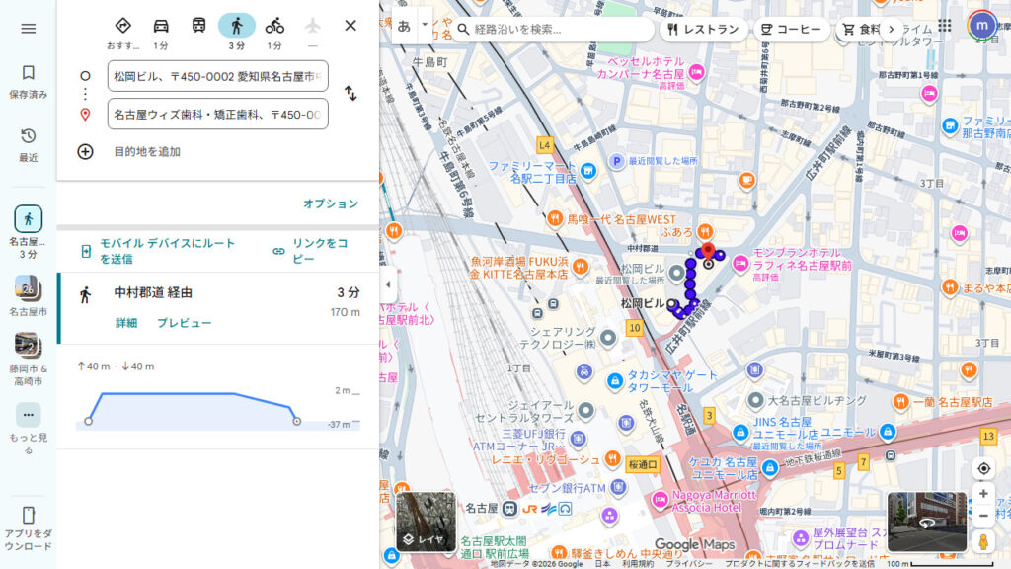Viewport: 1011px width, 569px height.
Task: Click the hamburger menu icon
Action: pyautogui.click(x=28, y=29)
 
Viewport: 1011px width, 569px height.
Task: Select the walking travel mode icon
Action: pyautogui.click(x=237, y=26)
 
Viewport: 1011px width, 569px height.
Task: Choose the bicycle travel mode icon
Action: pyautogui.click(x=274, y=26)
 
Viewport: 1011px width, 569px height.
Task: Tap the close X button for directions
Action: pyautogui.click(x=350, y=26)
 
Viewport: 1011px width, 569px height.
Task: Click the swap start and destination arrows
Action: pyautogui.click(x=350, y=94)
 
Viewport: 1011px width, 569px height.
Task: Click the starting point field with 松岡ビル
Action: pyautogui.click(x=217, y=76)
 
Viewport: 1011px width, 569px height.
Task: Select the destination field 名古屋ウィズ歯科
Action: pyautogui.click(x=217, y=114)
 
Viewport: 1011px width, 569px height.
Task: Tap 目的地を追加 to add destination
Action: pyautogui.click(x=146, y=152)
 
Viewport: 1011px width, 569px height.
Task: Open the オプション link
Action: pyautogui.click(x=331, y=203)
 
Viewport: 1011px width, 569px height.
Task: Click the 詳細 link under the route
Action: pyautogui.click(x=126, y=323)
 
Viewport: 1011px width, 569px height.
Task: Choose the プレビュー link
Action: pyautogui.click(x=184, y=323)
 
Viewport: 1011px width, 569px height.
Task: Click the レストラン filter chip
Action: pyautogui.click(x=703, y=29)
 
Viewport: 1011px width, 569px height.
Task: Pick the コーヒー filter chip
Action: pyautogui.click(x=791, y=29)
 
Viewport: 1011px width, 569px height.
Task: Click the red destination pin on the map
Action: pyautogui.click(x=708, y=251)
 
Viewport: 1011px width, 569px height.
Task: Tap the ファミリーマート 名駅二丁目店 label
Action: pyautogui.click(x=531, y=172)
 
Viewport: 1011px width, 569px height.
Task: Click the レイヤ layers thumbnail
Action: pyautogui.click(x=426, y=521)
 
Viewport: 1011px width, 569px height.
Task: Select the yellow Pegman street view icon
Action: pyautogui.click(x=983, y=541)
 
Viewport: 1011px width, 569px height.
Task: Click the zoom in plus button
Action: pyautogui.click(x=983, y=493)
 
